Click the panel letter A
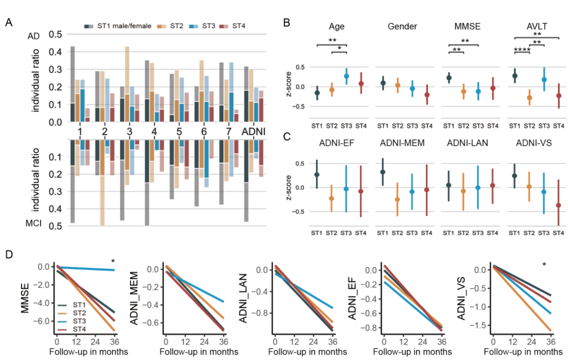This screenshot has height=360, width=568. (x=9, y=23)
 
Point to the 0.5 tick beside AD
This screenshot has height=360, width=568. (x=55, y=35)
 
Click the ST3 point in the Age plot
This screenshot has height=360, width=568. (x=347, y=76)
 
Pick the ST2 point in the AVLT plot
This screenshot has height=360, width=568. (x=529, y=97)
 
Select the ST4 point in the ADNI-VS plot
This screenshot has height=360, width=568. (x=559, y=205)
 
